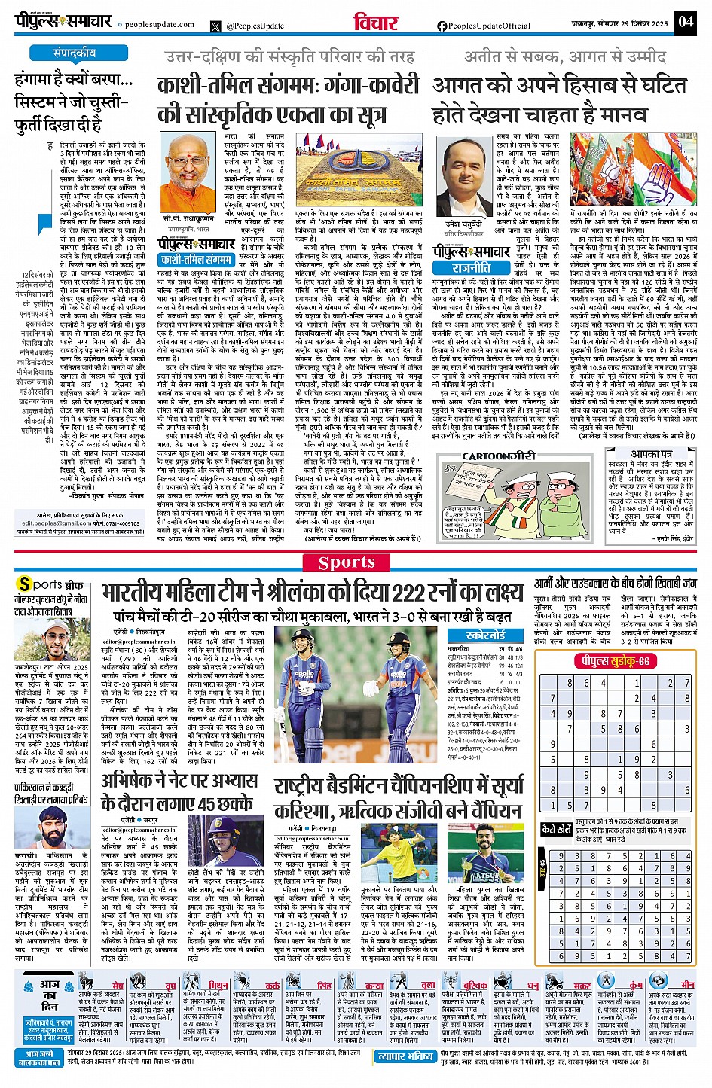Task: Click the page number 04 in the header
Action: pyautogui.click(x=685, y=21)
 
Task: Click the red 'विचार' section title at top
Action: pyautogui.click(x=375, y=23)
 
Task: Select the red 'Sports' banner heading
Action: pyautogui.click(x=346, y=562)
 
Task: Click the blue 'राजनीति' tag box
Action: pyautogui.click(x=471, y=267)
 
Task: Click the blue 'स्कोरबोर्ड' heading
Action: pyautogui.click(x=486, y=635)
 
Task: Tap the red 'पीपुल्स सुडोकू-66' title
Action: pyautogui.click(x=611, y=660)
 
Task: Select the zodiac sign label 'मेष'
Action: pyautogui.click(x=118, y=985)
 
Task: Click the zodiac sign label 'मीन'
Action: pyautogui.click(x=687, y=985)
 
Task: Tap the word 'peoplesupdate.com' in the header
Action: pyautogui.click(x=159, y=25)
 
